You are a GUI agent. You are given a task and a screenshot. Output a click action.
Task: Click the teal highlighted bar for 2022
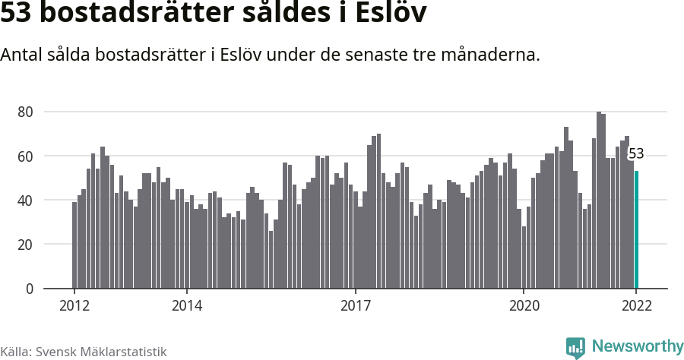tap(637, 230)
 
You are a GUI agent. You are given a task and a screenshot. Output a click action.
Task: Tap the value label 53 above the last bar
tap(636, 154)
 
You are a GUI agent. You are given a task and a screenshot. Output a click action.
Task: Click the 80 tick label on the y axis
tap(25, 112)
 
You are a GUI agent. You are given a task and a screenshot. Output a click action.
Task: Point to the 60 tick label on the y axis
tap(25, 156)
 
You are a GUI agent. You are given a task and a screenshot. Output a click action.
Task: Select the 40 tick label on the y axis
tap(25, 201)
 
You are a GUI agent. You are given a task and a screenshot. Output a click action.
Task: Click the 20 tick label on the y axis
tap(25, 245)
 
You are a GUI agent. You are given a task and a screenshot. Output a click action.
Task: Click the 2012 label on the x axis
tap(74, 306)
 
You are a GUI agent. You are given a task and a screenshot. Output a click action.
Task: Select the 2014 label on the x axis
tap(187, 306)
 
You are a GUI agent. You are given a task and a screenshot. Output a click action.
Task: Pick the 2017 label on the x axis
tap(355, 306)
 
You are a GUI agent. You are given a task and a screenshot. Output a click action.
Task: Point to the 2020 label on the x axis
tap(524, 306)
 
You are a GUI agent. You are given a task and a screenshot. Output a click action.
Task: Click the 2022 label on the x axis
tap(636, 306)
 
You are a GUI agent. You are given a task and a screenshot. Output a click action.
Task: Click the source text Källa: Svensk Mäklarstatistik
tap(83, 352)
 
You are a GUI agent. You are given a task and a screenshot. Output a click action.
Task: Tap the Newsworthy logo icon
tap(575, 347)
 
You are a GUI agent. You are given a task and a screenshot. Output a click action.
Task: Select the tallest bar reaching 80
tap(599, 201)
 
